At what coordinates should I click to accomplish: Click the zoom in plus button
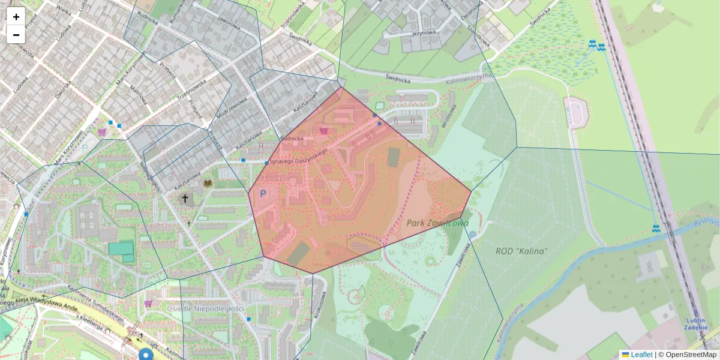(x=16, y=17)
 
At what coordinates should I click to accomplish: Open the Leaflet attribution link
(x=641, y=355)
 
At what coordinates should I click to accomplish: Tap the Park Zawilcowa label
(x=437, y=223)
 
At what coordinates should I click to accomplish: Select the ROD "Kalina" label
(x=521, y=251)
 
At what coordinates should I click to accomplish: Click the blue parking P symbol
(x=262, y=194)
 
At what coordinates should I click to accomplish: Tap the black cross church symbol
(x=185, y=198)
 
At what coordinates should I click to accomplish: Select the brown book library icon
(x=208, y=183)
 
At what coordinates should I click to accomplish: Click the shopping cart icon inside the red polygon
(x=324, y=130)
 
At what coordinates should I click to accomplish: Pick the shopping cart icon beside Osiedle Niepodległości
(x=148, y=304)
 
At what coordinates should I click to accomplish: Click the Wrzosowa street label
(x=446, y=113)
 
